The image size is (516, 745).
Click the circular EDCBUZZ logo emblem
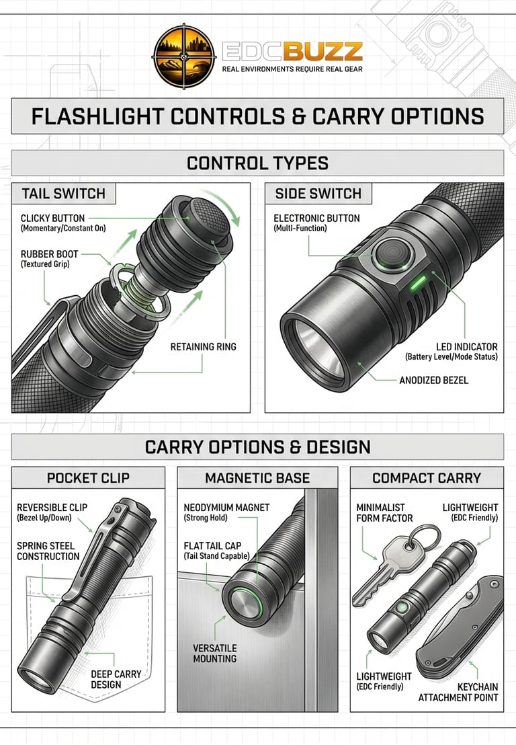coord(183,56)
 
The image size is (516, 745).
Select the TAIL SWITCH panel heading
coord(64,194)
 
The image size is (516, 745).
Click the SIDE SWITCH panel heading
coord(318,194)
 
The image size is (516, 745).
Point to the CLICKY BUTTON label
coord(52,218)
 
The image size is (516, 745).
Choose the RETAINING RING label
coord(203,347)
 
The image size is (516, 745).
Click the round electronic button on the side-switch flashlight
coord(392,254)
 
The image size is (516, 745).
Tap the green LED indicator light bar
coord(418,282)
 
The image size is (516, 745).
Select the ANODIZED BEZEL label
coord(433,380)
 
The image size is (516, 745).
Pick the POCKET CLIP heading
coord(88,478)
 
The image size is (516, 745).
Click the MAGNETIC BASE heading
coord(257,478)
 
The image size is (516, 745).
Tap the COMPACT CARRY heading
coord(427,478)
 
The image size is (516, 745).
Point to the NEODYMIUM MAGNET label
coord(226,508)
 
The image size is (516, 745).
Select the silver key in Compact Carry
coord(389,565)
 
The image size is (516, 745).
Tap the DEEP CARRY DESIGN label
coord(116,679)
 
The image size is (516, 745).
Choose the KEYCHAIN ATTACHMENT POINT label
coord(458,693)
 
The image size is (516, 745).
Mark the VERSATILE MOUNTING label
coord(214,654)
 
